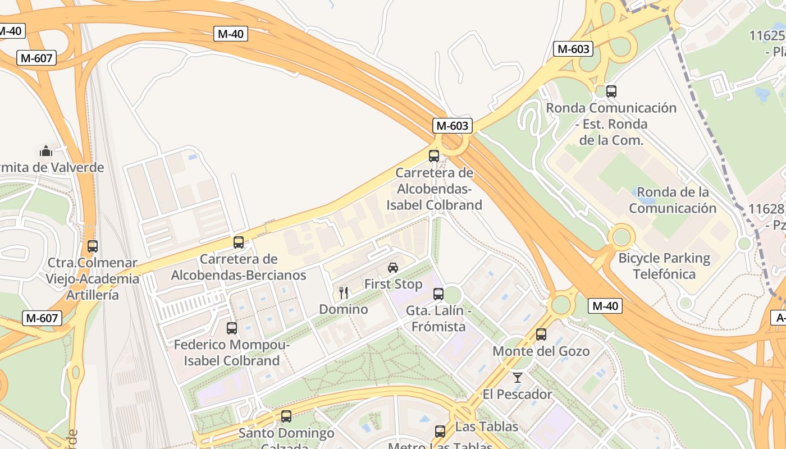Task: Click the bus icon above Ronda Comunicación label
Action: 611,91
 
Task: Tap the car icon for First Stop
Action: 393,268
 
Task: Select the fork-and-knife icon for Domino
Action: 344,292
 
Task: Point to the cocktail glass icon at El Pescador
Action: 518,378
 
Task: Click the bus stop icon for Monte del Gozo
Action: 541,335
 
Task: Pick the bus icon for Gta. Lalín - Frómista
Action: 438,294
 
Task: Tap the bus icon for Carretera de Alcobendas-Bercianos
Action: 239,242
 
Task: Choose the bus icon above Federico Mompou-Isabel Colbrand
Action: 231,328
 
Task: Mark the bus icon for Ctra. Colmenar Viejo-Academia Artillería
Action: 93,246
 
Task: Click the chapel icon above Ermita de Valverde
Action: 46,150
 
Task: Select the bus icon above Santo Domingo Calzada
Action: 286,416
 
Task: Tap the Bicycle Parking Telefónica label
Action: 664,266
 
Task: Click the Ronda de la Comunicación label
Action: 672,200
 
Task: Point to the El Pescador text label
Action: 517,395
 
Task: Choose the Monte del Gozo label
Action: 541,351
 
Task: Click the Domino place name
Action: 344,309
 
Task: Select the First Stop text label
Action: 393,285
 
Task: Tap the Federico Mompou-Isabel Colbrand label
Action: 231,352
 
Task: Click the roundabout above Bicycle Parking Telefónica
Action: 622,236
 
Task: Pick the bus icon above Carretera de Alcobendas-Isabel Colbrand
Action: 434,156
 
